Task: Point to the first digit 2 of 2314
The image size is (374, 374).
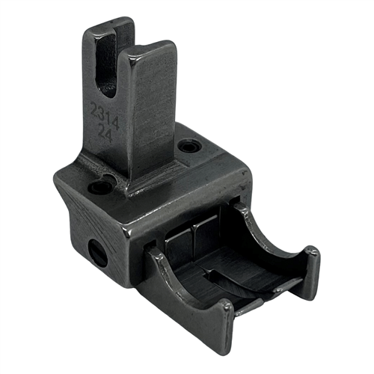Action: (94, 108)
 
